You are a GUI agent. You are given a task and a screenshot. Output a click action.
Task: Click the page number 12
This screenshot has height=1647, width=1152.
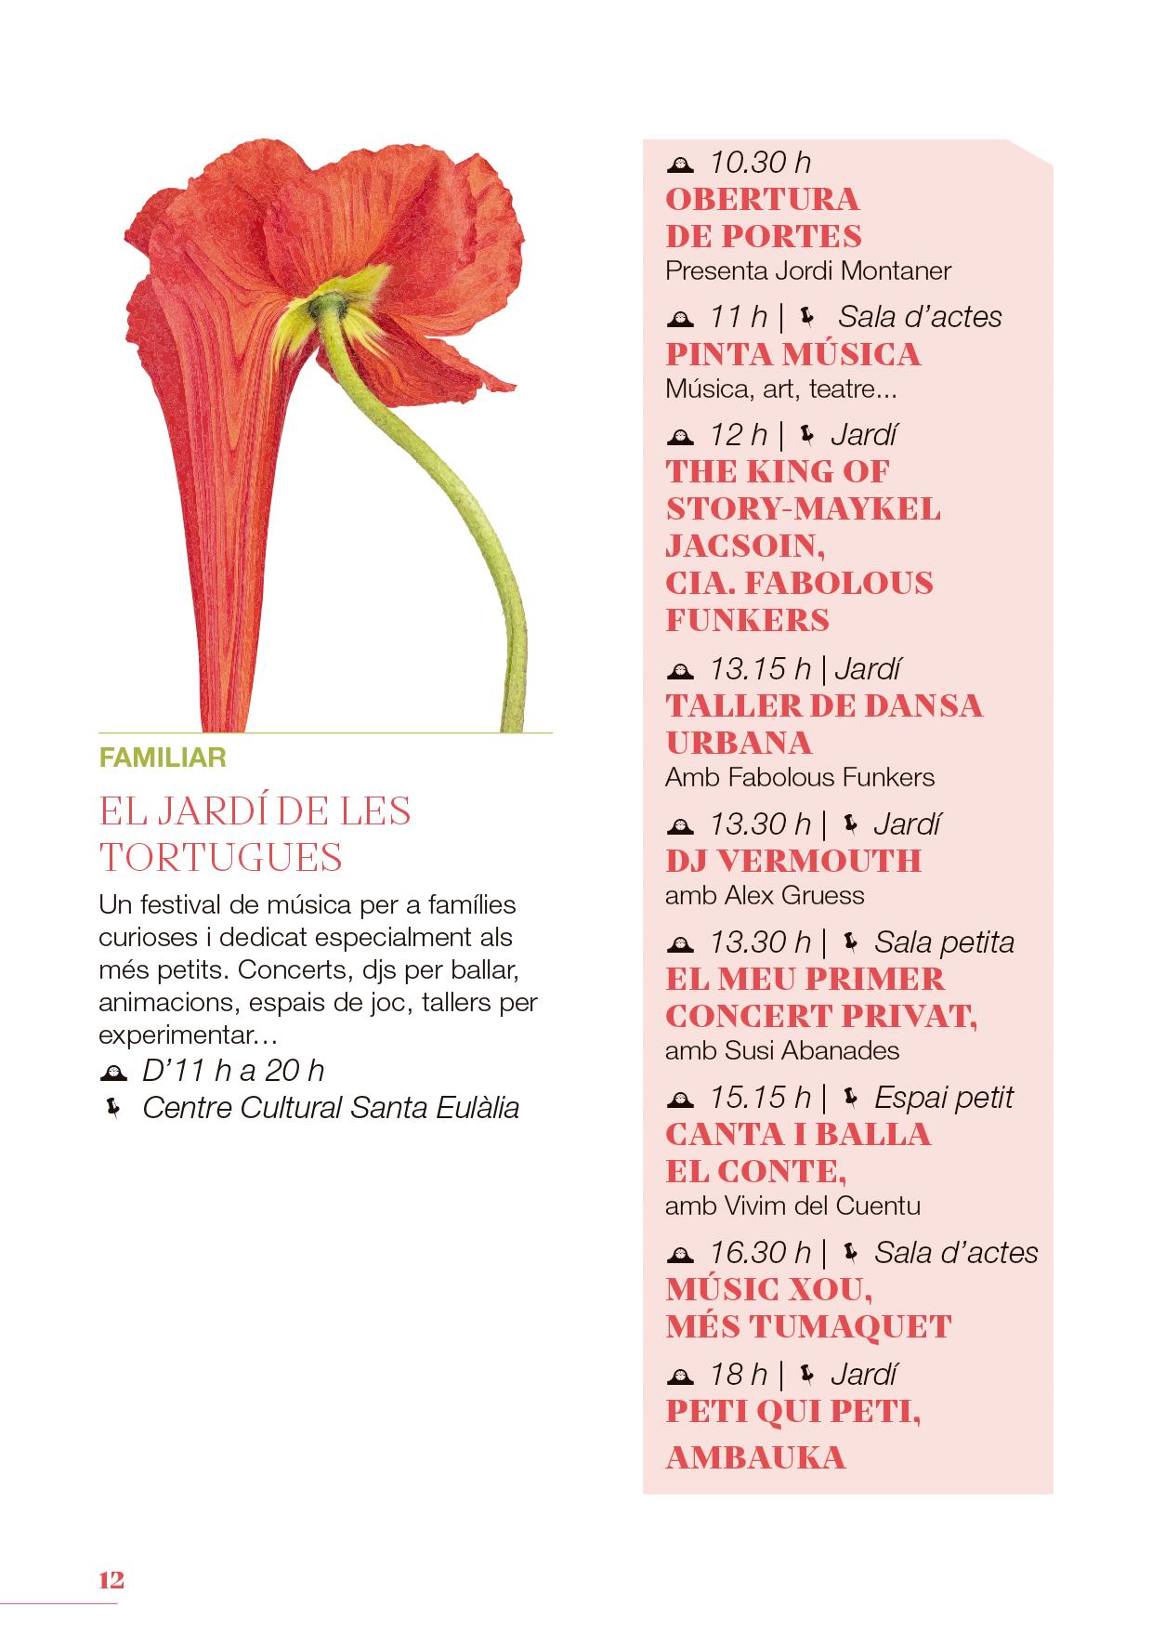click(x=111, y=1580)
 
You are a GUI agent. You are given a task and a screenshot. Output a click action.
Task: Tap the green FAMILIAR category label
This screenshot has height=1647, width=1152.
click(x=163, y=758)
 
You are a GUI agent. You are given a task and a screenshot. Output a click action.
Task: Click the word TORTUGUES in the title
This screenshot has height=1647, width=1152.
click(x=221, y=857)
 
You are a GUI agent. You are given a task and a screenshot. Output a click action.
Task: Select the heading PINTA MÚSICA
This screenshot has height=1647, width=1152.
click(x=793, y=354)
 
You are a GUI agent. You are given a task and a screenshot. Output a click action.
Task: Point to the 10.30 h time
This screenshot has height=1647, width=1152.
click(x=760, y=163)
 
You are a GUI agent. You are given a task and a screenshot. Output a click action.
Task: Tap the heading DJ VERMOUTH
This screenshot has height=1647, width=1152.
click(x=793, y=861)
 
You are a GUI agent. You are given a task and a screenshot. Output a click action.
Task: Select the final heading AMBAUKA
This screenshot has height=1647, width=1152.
click(x=755, y=1456)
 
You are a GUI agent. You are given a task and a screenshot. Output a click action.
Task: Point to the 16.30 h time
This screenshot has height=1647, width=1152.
click(x=760, y=1252)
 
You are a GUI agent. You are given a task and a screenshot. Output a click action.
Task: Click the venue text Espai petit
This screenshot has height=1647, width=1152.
click(x=943, y=1098)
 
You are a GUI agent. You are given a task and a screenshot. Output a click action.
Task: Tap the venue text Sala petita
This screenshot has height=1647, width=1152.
click(x=944, y=942)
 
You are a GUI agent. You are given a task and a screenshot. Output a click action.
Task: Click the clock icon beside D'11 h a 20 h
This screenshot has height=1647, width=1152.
click(x=112, y=1072)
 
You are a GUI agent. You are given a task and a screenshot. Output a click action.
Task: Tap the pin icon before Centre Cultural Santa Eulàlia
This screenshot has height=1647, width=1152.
click(x=113, y=1108)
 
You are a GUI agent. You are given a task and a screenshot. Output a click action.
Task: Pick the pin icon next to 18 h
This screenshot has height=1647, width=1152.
click(x=805, y=1373)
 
